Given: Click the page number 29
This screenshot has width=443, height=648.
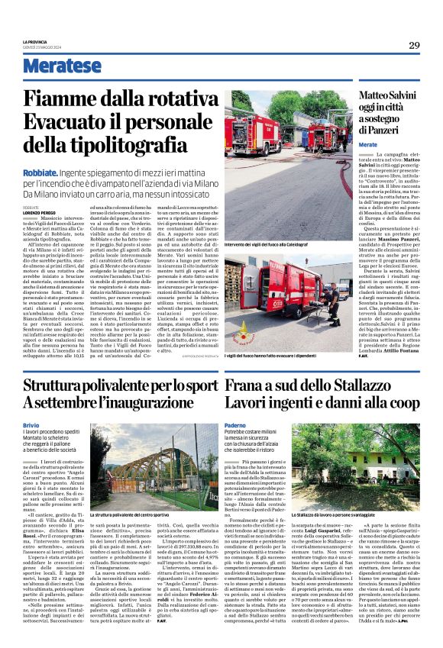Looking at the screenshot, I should tap(414, 46).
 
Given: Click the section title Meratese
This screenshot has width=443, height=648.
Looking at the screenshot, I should tap(62, 66).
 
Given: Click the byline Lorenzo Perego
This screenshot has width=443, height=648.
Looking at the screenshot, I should tap(38, 211).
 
